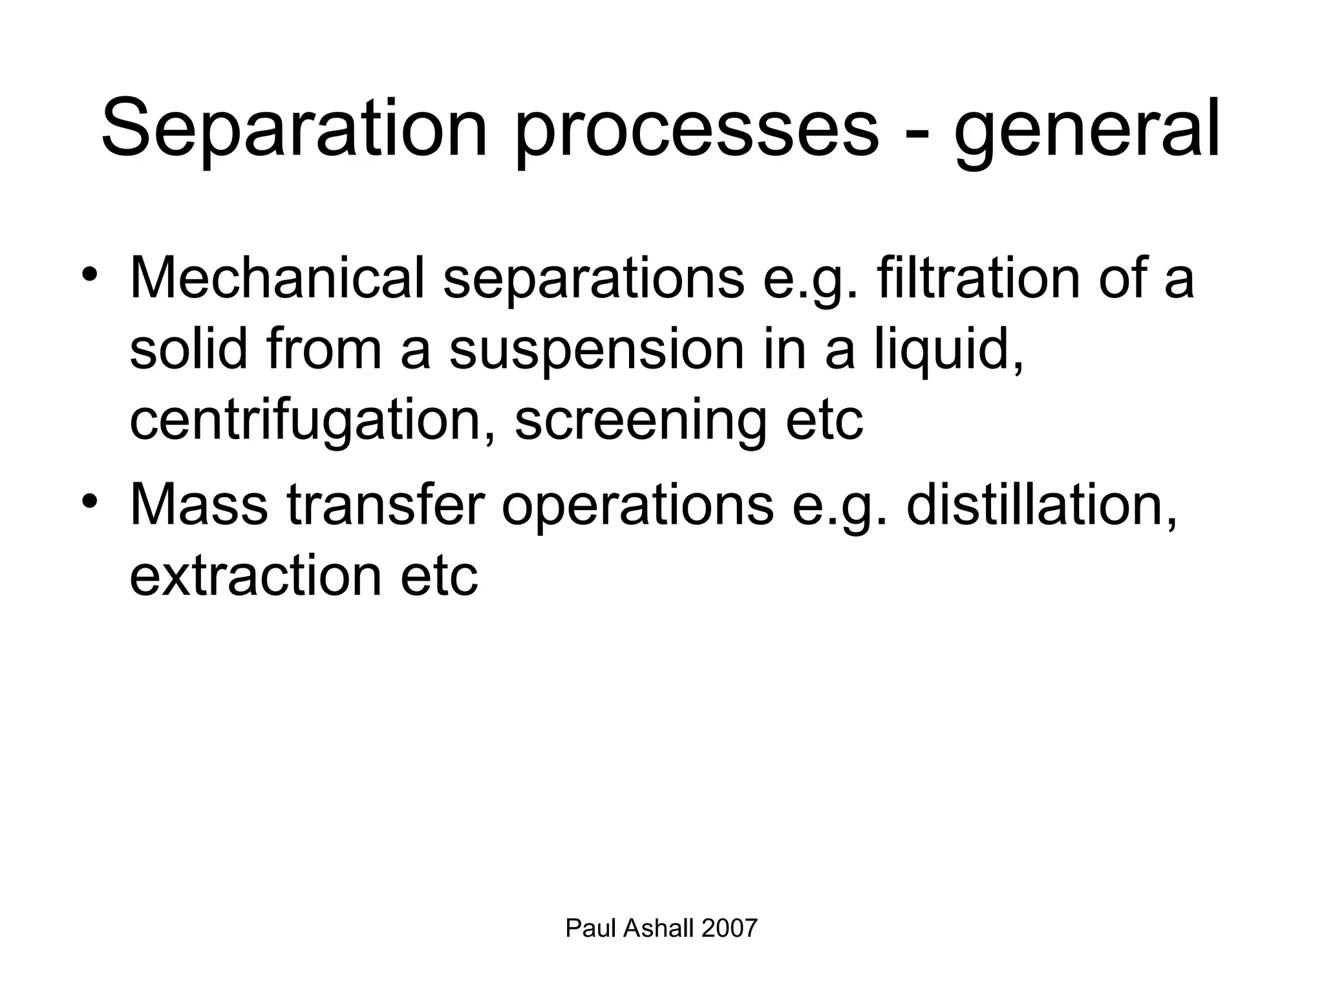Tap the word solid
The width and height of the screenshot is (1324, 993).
point(189,349)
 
